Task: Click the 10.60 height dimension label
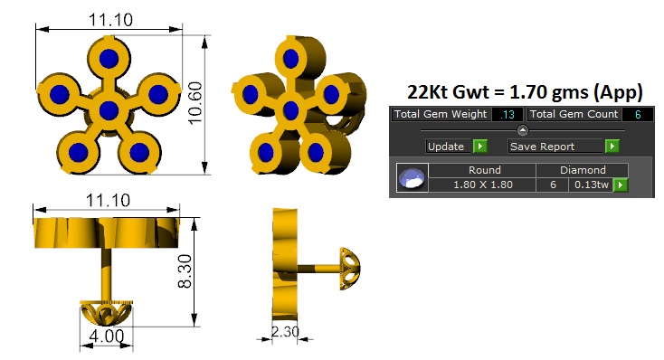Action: [195, 103]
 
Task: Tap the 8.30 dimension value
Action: [185, 271]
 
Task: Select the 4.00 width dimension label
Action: [107, 336]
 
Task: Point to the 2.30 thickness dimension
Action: [285, 331]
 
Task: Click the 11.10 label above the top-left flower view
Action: [110, 20]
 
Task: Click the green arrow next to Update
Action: [479, 147]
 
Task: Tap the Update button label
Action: [445, 147]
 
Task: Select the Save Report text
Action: [542, 147]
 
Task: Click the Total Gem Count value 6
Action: [638, 114]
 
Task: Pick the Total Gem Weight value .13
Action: [507, 114]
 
